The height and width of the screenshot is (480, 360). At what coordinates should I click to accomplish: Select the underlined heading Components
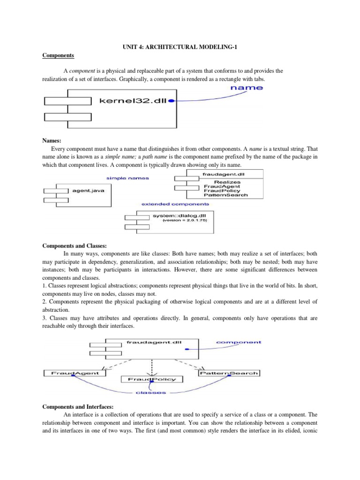click(x=59, y=55)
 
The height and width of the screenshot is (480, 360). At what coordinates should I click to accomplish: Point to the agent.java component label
click(x=88, y=191)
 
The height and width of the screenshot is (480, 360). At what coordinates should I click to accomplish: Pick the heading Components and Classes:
click(x=75, y=245)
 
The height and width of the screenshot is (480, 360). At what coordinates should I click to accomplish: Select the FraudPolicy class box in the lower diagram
click(x=149, y=379)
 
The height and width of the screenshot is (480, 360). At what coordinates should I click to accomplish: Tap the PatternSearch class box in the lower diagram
click(x=229, y=373)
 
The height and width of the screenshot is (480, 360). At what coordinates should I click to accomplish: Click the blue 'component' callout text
click(x=239, y=342)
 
